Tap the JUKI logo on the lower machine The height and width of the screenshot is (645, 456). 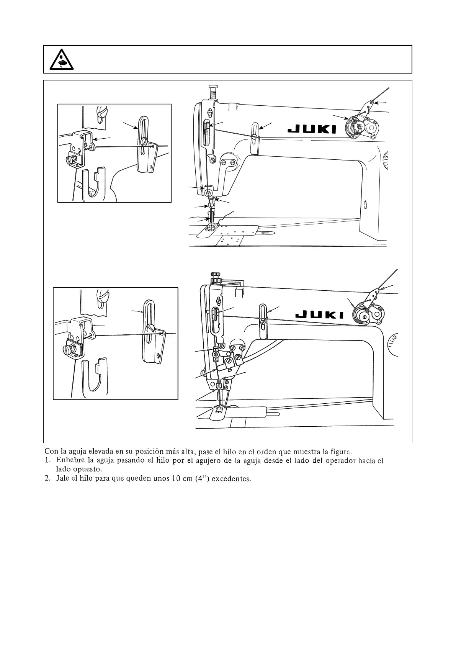coord(320,315)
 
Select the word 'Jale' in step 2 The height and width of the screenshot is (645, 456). coord(62,479)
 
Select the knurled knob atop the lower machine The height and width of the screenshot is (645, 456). coord(216,276)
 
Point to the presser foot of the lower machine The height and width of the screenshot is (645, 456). coord(220,411)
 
